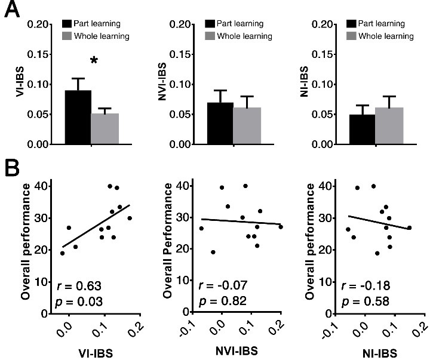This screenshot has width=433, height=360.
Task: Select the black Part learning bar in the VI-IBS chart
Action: pyautogui.click(x=78, y=117)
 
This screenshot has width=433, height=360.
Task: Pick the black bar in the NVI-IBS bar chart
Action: pyautogui.click(x=220, y=123)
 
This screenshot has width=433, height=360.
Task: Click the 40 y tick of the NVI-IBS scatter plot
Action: pyautogui.click(x=185, y=186)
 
